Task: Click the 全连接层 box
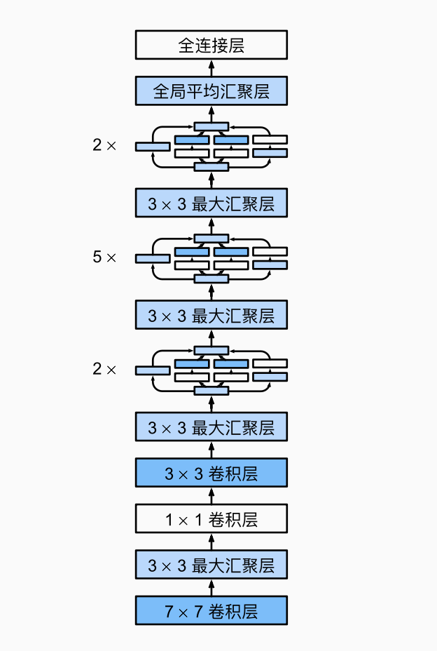[211, 46]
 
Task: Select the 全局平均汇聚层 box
[211, 91]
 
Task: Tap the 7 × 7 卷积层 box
[211, 610]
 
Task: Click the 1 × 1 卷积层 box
[211, 519]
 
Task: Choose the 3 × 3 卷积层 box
[211, 473]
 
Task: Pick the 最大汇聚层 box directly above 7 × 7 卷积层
[211, 565]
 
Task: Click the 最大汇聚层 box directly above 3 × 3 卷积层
[211, 427]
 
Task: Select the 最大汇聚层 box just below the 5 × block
[211, 315]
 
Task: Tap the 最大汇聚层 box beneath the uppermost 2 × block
[211, 203]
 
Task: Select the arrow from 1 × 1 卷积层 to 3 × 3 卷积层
[211, 496]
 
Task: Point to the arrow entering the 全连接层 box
[211, 68]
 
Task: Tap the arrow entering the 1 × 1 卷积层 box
[211, 542]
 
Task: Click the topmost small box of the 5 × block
[211, 238]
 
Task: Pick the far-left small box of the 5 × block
[153, 258]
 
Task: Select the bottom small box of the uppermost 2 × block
[211, 167]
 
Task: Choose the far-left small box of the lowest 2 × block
[153, 370]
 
